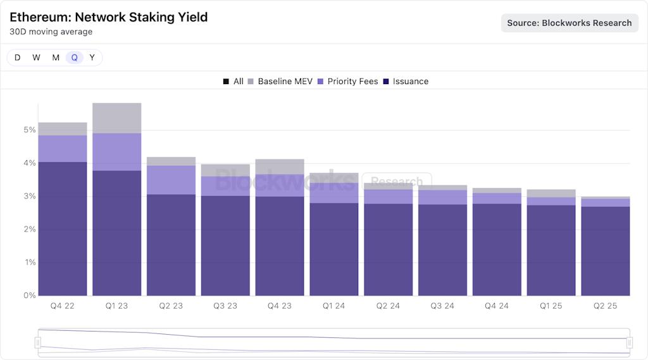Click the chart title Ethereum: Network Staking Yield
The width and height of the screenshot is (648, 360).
(x=108, y=17)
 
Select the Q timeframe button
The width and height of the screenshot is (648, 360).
(x=74, y=58)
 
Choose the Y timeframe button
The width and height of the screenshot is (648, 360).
(x=92, y=58)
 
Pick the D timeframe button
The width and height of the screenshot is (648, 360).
(x=17, y=58)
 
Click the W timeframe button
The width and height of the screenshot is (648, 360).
(x=36, y=58)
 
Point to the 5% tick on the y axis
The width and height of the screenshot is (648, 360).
(x=30, y=130)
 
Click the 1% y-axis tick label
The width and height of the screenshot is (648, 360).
(x=30, y=263)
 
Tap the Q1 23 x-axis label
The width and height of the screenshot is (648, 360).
(x=116, y=306)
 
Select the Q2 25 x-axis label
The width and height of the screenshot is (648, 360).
(x=605, y=306)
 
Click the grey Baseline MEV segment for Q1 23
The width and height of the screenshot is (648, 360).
(x=116, y=118)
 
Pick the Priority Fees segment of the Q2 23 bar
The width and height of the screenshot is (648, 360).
(x=171, y=180)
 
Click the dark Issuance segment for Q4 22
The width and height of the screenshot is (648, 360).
(x=63, y=228)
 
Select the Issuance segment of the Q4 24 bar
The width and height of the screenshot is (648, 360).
(x=497, y=250)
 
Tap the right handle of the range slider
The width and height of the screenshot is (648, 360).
(x=630, y=342)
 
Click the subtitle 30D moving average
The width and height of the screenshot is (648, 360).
(x=51, y=32)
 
